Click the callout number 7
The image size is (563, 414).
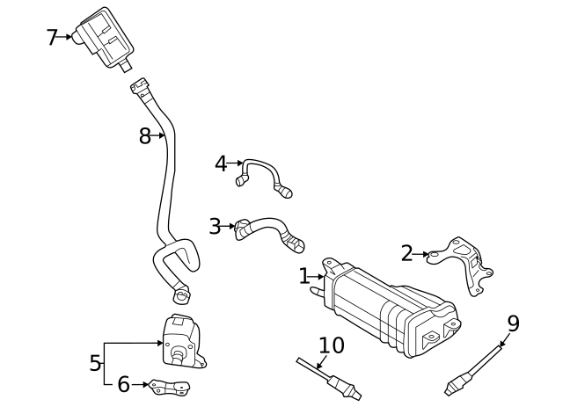52,37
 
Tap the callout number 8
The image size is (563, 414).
145,136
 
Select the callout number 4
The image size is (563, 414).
221,163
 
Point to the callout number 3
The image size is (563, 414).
215,226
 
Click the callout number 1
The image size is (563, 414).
304,276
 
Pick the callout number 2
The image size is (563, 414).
406,254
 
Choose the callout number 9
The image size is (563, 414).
513,323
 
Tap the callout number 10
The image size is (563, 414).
332,345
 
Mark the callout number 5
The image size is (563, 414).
95,363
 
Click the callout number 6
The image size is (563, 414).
123,384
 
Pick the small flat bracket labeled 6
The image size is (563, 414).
170,386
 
